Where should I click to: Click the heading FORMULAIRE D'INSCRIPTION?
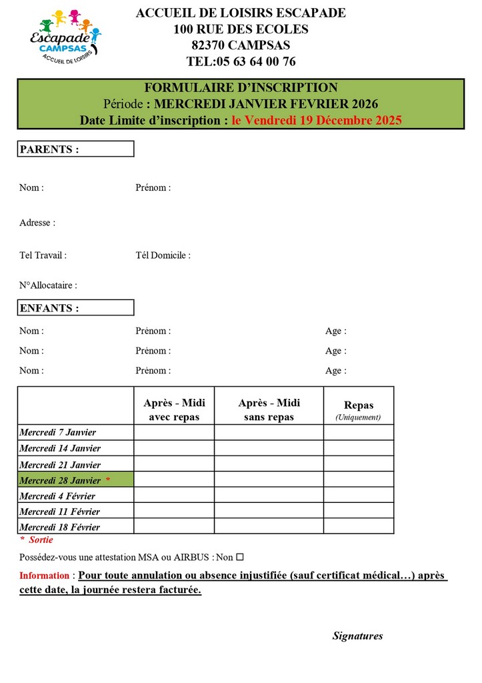pos(241,87)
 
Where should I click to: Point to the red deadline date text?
pos(317,120)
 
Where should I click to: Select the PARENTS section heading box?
pos(75,149)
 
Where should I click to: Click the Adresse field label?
pos(37,223)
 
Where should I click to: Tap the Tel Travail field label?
pos(43,255)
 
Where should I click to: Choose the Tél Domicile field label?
pos(163,255)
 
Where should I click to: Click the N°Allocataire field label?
pos(48,285)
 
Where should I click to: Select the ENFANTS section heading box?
pos(75,307)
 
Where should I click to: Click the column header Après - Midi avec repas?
pos(174,410)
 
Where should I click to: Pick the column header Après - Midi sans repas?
pos(269,410)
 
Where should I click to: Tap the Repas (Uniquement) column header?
pos(358,410)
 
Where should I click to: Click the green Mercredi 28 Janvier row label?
pos(75,480)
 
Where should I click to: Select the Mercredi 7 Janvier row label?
pos(58,432)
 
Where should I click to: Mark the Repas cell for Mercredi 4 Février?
pos(358,496)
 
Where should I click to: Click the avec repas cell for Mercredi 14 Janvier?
pos(174,448)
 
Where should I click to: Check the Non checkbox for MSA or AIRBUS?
pos(240,557)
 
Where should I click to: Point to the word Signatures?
pos(357,636)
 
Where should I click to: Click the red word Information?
pos(44,576)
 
